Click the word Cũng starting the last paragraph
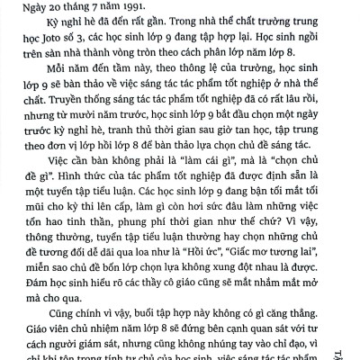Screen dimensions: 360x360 click(x=46, y=314)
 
